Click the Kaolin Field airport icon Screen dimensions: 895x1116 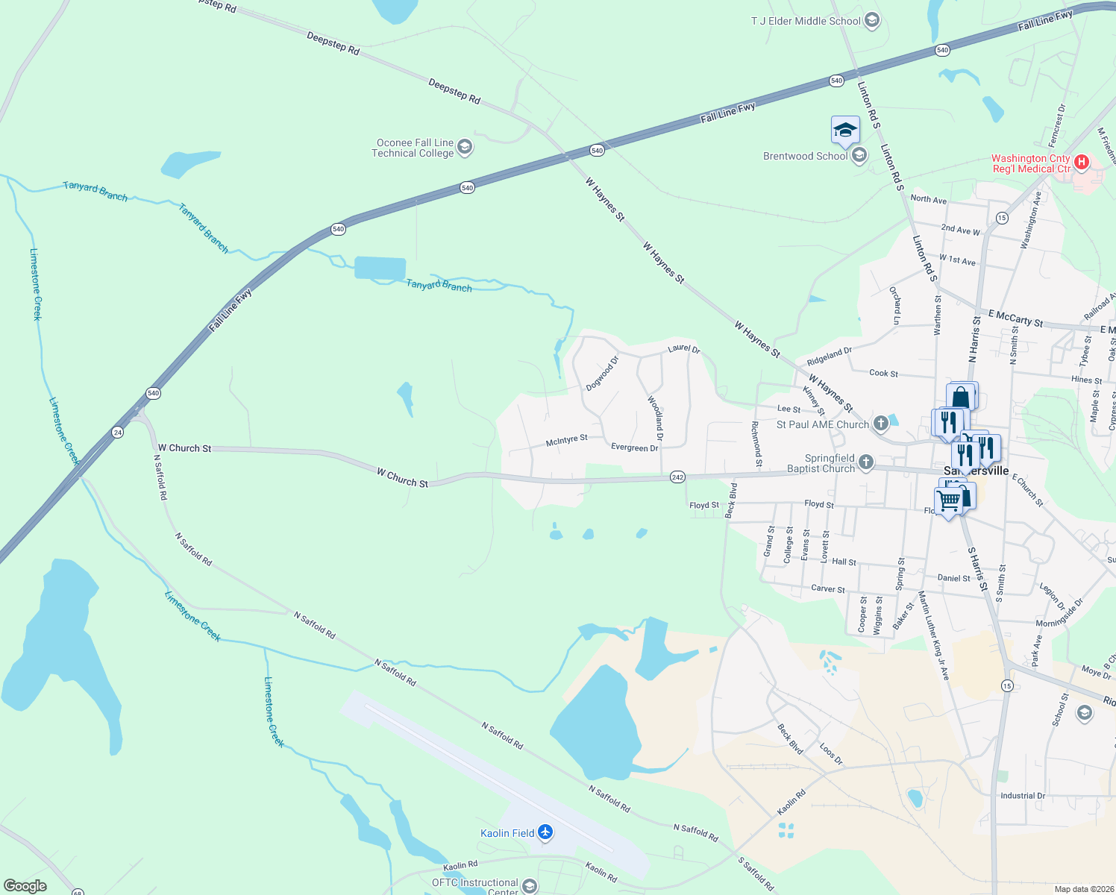[545, 832]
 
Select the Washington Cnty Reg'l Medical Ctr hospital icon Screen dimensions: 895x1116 [1082, 162]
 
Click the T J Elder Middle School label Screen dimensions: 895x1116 [806, 21]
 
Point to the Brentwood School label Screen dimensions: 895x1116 [805, 156]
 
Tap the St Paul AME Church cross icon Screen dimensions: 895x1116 [881, 424]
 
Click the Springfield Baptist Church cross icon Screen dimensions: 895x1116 [865, 462]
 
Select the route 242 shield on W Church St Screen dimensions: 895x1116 [677, 477]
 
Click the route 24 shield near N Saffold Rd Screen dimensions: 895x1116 [117, 432]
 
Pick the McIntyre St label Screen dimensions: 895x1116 [566, 441]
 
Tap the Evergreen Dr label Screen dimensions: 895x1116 [634, 447]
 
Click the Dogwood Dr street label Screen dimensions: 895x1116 [602, 373]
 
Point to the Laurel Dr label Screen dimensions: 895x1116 [683, 348]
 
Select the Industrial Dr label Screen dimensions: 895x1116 [1023, 796]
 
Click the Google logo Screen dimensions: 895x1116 [25, 885]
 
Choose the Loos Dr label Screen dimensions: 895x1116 [830, 754]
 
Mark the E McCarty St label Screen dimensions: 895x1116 [1015, 318]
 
